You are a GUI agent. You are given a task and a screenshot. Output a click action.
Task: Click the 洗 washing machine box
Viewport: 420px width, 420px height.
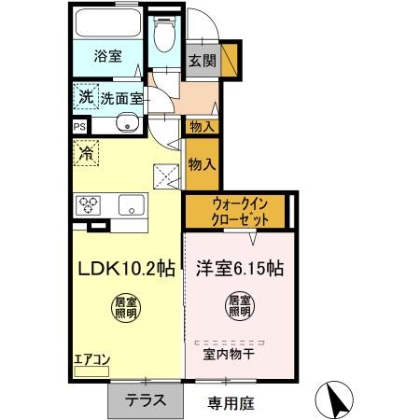[86, 95]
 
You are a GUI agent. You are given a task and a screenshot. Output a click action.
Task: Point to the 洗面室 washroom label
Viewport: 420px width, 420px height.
[120, 96]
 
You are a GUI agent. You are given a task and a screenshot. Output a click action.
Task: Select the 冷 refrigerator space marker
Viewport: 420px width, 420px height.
[86, 150]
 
